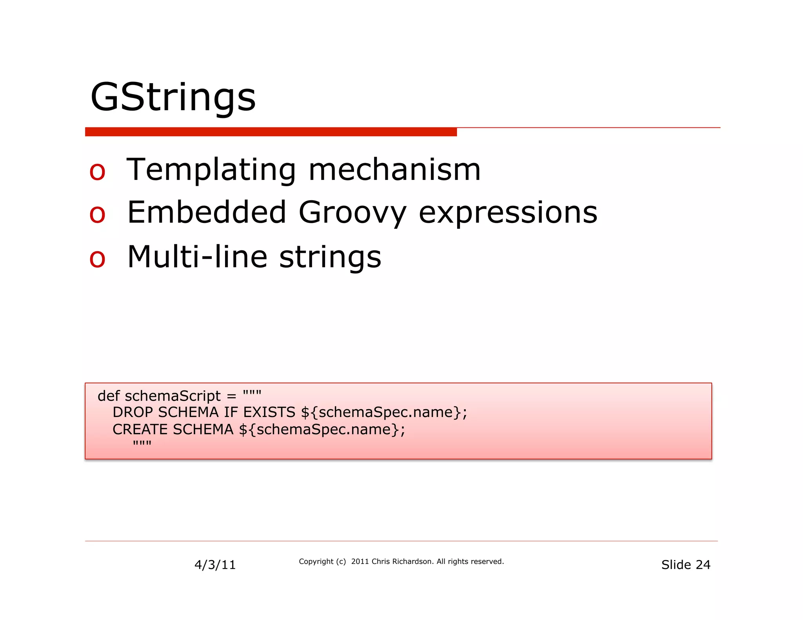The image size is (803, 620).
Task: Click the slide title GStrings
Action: [x=173, y=97]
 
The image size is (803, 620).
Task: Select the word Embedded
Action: [x=207, y=212]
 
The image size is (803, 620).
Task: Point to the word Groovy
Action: [x=352, y=213]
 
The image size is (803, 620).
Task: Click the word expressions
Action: [x=508, y=213]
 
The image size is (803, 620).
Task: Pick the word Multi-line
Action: [x=197, y=257]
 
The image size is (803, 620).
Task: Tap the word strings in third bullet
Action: [x=330, y=257]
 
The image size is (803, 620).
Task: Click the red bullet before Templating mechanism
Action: [x=97, y=172]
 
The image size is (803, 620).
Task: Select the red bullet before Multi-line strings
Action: [x=97, y=259]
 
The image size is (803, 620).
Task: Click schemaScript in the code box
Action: [x=173, y=396]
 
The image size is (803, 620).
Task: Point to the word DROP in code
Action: [x=133, y=412]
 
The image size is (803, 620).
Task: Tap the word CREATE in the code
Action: [x=140, y=430]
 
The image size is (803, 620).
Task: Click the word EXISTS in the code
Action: [x=269, y=412]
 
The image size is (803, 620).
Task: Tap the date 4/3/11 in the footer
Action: [x=215, y=565]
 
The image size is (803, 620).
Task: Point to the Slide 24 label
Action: [x=685, y=565]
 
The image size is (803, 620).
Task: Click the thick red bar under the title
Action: [x=271, y=132]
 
